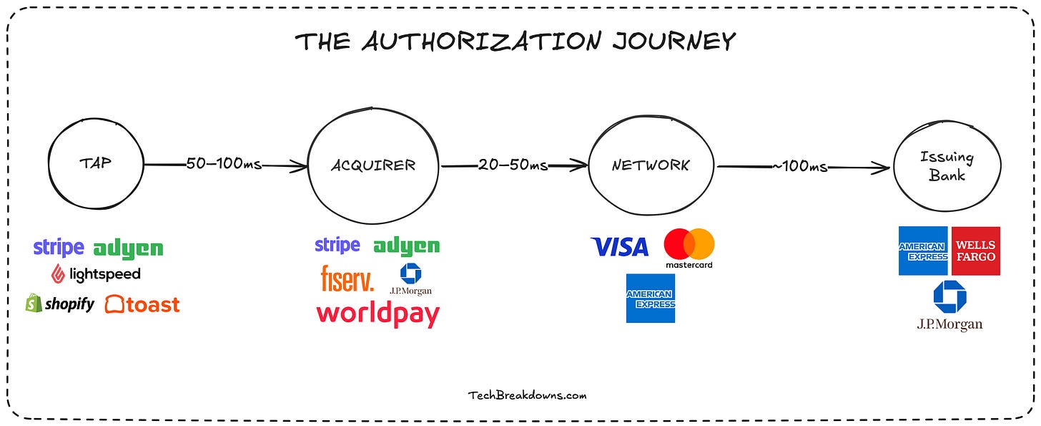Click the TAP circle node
tap(96, 163)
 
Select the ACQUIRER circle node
tap(373, 165)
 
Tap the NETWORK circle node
tap(651, 165)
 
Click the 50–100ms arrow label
tap(224, 165)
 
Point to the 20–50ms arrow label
tap(513, 165)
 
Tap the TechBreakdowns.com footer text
tap(528, 394)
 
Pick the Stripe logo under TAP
tap(59, 248)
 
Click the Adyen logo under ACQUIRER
tap(406, 247)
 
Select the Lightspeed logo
tap(96, 273)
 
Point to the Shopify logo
tap(60, 304)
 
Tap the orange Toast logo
tap(142, 304)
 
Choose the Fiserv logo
tap(347, 279)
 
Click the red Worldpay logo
tap(378, 314)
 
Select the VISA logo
tap(619, 247)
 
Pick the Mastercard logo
tap(689, 248)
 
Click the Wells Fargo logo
tap(975, 251)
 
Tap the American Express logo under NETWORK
tap(651, 298)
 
